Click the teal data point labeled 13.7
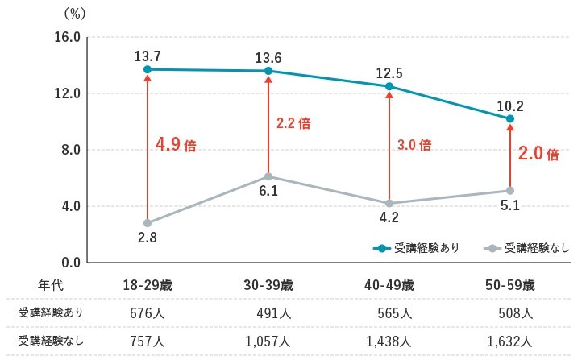tap(148, 69)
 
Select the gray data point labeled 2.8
tap(148, 223)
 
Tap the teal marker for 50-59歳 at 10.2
tap(510, 118)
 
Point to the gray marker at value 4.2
tap(389, 203)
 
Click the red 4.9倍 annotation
tap(176, 146)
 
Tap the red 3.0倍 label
tap(414, 145)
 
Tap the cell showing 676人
tap(148, 312)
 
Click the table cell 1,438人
tap(389, 340)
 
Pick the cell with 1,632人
tap(510, 340)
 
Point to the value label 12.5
tap(389, 72)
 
